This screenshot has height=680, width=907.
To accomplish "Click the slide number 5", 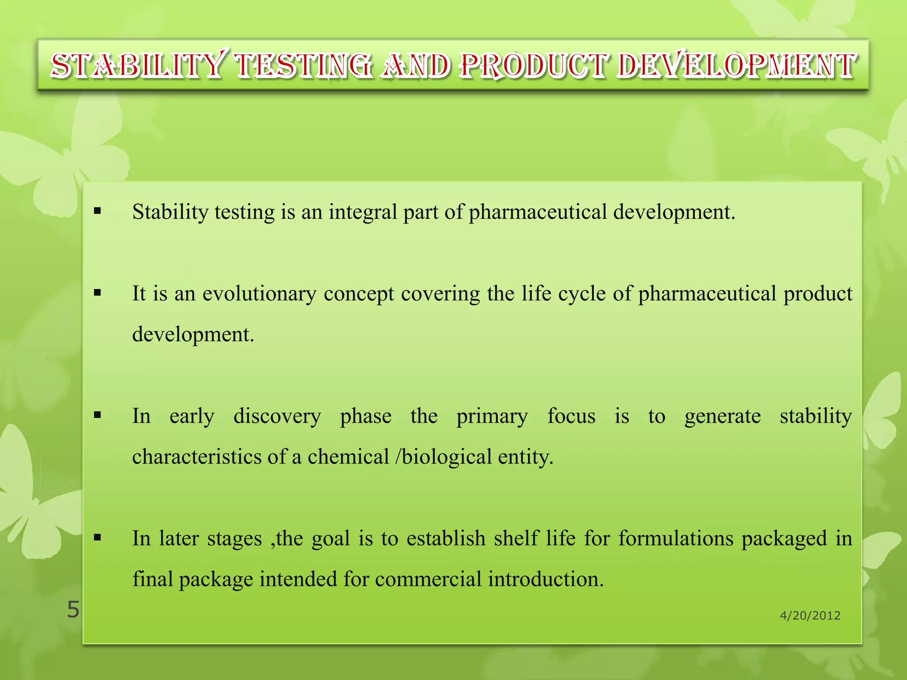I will [73, 610].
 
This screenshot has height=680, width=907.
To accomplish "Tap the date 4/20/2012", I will [810, 615].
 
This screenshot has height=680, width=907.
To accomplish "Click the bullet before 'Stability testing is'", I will [97, 211].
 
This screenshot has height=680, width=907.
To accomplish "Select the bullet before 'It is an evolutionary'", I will [97, 293].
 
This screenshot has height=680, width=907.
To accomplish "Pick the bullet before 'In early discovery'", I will [97, 415].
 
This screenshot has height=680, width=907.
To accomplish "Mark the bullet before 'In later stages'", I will [97, 538].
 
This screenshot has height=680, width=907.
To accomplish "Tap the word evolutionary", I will [260, 294].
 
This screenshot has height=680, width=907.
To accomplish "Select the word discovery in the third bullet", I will [277, 416].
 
